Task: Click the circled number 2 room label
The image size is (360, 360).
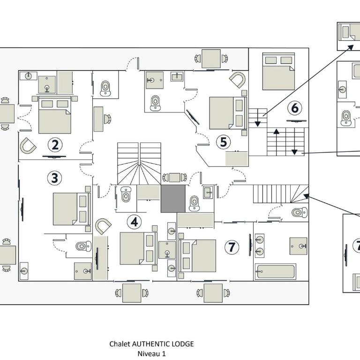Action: pos(55,145)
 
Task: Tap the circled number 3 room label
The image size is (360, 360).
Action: pos(55,178)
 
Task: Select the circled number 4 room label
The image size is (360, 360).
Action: pos(135,222)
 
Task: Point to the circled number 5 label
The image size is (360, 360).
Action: pos(224,142)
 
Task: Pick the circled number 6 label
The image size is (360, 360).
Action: pos(295,108)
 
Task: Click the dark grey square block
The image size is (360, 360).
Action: pos(173,199)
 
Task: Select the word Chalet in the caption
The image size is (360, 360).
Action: pos(120,344)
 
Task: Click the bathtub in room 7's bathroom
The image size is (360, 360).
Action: pos(276,271)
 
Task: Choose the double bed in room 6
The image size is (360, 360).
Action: pos(278,71)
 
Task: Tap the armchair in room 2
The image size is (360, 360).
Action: pos(28,146)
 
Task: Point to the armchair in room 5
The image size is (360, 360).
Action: pos(237,80)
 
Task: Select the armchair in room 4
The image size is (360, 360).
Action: pos(103,226)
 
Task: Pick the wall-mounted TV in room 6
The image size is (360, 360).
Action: pos(296,121)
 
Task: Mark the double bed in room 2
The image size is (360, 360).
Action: pos(55,115)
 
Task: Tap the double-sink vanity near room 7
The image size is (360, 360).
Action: pos(260,245)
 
